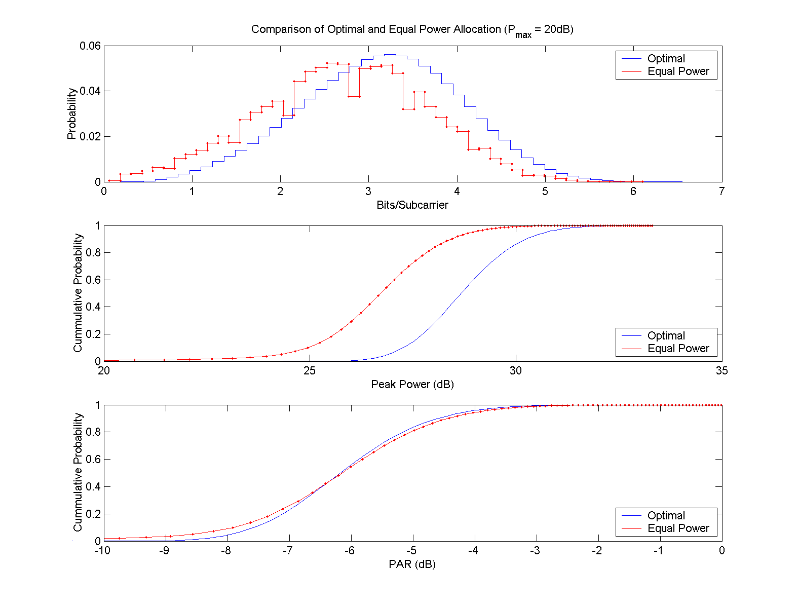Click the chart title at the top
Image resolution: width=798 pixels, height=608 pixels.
tap(412, 30)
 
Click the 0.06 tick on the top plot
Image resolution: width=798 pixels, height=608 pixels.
tap(90, 46)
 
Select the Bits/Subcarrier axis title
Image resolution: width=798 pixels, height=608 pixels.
tap(412, 205)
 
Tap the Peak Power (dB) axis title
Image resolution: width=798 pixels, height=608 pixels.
tap(412, 385)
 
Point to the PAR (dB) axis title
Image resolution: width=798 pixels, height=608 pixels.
tap(412, 564)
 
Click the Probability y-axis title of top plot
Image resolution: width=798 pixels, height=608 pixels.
tap(72, 113)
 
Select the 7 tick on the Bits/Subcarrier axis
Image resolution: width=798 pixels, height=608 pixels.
tap(721, 192)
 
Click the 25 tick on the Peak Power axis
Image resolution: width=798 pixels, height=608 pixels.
tap(310, 371)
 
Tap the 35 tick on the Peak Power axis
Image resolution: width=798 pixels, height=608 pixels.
tap(721, 371)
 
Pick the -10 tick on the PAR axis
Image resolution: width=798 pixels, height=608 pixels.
tap(102, 551)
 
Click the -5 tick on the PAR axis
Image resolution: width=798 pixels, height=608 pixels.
tap(412, 551)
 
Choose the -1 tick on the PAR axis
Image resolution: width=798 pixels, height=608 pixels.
tap(660, 551)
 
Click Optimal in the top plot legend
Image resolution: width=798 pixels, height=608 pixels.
tap(666, 59)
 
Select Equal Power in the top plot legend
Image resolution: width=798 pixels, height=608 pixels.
tap(678, 71)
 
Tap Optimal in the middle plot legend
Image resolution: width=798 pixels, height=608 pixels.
tap(666, 336)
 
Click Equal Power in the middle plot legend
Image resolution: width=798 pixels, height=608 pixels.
tap(678, 349)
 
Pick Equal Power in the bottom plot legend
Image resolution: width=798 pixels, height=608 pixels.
tap(678, 528)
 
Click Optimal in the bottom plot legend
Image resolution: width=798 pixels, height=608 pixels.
tap(666, 516)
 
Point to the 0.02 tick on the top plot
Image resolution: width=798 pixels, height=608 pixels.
tap(90, 137)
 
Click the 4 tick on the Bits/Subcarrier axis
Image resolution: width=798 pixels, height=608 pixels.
tap(457, 192)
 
